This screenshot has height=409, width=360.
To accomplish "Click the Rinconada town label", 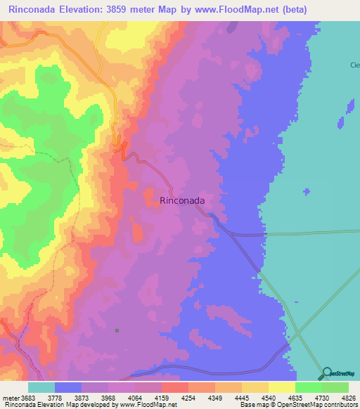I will tap(183, 200).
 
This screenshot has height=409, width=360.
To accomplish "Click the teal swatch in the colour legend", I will tap(41, 387).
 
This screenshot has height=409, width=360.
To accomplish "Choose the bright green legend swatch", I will tap(309, 387).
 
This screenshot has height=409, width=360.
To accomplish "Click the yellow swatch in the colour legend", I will tap(282, 387).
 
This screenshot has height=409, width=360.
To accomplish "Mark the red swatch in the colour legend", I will tap(175, 387).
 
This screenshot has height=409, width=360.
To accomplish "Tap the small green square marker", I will tap(117, 330).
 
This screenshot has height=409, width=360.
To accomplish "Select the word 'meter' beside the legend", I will tap(10, 398).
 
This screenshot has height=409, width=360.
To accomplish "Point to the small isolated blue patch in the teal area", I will tap(307, 191).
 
